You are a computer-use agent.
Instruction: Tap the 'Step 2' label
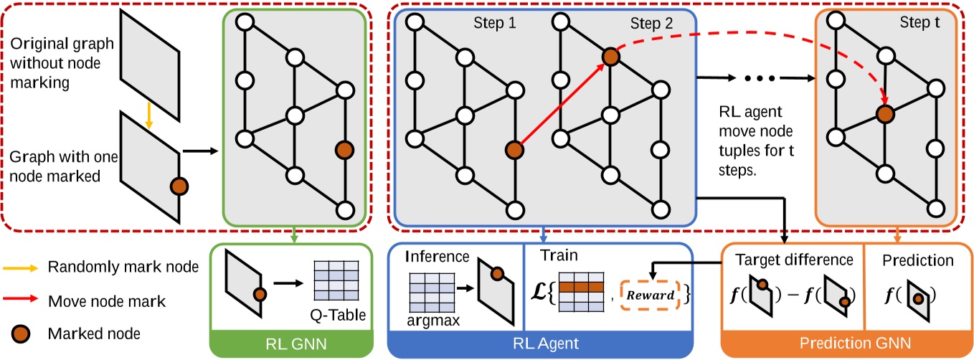pos(651,24)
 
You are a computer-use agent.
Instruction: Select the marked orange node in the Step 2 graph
pos(610,57)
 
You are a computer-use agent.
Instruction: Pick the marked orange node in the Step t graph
pos(884,113)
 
